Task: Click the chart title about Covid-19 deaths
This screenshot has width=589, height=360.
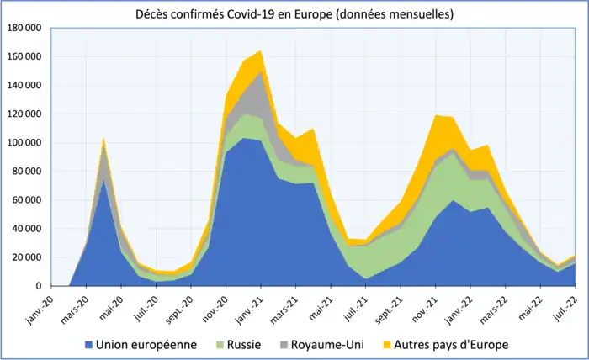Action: [x=295, y=14]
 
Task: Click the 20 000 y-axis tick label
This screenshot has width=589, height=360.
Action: [x=27, y=257]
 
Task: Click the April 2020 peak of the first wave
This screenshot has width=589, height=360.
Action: [x=103, y=139]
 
